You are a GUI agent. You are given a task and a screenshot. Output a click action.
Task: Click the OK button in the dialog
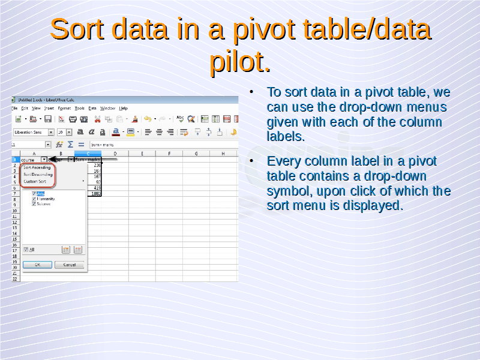tap(37, 265)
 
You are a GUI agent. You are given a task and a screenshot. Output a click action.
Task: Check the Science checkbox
tap(34, 204)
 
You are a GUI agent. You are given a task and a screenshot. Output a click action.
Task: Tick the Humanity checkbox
tap(34, 199)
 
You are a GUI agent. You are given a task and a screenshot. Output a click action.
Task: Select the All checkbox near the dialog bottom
tap(26, 250)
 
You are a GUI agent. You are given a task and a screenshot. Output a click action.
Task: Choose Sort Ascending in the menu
tap(37, 167)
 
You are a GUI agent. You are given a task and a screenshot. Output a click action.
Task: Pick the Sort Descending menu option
tap(38, 174)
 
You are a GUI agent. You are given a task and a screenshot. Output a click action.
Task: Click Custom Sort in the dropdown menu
tap(35, 181)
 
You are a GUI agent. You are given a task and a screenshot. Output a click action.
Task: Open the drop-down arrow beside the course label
tap(44, 160)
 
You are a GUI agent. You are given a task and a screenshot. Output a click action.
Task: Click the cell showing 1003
tap(95, 193)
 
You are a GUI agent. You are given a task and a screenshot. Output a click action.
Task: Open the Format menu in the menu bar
tap(64, 108)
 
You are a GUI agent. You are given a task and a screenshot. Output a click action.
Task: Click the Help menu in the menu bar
tap(124, 108)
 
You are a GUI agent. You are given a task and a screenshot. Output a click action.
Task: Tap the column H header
tap(222, 154)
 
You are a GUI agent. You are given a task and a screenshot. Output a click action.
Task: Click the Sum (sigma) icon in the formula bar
tap(70, 145)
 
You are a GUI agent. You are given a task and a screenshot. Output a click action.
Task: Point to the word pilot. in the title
tap(239, 61)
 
